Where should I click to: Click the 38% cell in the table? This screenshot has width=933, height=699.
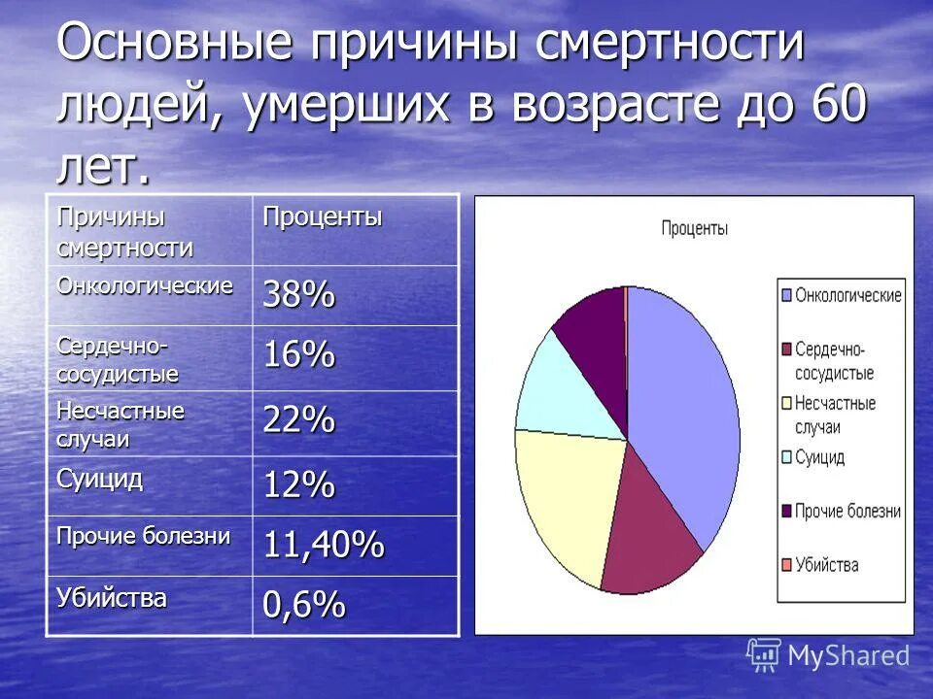297,295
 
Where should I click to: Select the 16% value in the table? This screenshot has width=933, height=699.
297,356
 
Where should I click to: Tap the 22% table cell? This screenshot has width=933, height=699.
297,421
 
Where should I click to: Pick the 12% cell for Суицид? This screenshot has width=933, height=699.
297,483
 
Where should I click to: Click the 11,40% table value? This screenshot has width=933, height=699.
323,545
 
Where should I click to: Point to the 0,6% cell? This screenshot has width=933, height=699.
303,605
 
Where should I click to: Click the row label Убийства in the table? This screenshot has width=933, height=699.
111,598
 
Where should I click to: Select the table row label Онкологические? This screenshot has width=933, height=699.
145,285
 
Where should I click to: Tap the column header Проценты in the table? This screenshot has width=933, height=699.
320,217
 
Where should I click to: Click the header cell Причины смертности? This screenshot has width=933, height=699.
124,231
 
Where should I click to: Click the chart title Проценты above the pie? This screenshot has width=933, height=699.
694,229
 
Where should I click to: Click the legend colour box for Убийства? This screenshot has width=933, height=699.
784,564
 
